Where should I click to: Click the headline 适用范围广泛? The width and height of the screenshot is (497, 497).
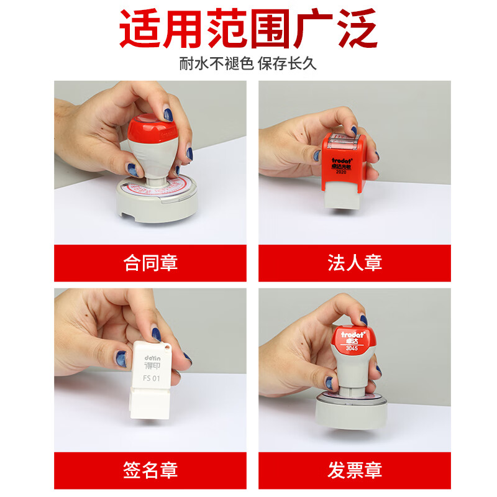(x=248, y=30)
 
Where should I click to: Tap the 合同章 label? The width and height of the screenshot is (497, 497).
(x=150, y=263)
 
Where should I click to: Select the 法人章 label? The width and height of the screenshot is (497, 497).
(x=354, y=263)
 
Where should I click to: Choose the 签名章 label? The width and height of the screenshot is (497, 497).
(x=150, y=470)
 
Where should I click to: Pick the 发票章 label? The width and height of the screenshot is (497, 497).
(x=354, y=470)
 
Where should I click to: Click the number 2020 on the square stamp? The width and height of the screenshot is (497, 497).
(x=341, y=172)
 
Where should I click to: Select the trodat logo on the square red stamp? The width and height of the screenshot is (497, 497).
(x=342, y=159)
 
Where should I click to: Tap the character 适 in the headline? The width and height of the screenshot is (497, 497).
(x=139, y=30)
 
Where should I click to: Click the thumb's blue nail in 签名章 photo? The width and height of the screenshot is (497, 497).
(x=121, y=358)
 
